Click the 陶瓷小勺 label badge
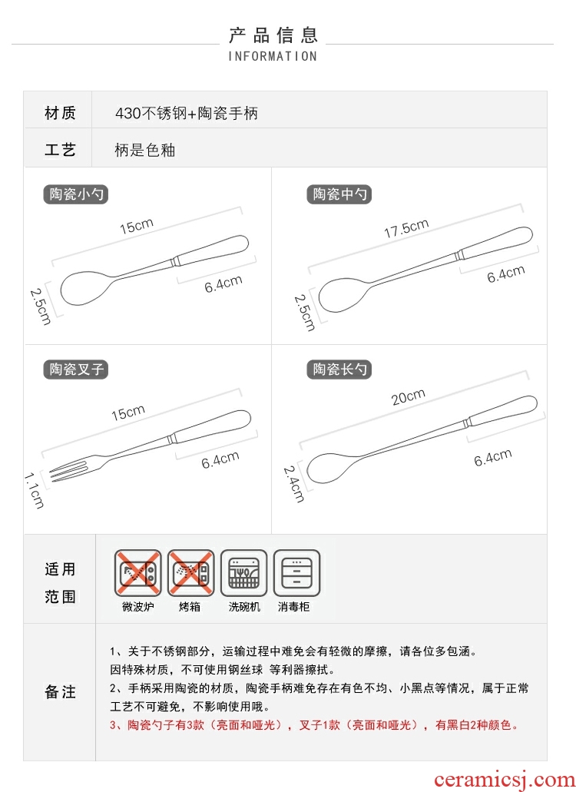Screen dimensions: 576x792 (x=76, y=194)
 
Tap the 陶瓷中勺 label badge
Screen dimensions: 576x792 (x=339, y=194)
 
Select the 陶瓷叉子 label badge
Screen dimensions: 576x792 (x=76, y=369)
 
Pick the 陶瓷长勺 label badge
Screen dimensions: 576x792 (x=339, y=369)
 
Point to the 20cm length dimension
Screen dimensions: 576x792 (x=408, y=397)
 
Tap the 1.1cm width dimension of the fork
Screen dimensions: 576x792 (x=35, y=490)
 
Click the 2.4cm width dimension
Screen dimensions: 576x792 (x=294, y=484)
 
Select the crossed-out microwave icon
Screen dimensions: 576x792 (x=137, y=573)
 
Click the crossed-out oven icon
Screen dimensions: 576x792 (x=190, y=573)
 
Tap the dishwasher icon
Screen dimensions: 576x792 (x=243, y=573)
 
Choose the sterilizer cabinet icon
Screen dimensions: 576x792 (x=297, y=573)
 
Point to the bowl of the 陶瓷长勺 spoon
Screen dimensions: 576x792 (x=333, y=467)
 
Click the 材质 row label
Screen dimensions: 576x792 (x=60, y=113)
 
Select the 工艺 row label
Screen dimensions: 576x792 (x=60, y=150)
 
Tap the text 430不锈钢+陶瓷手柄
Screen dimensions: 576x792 (x=187, y=113)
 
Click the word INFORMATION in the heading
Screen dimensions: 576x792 (x=273, y=56)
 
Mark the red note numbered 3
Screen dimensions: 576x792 (x=314, y=725)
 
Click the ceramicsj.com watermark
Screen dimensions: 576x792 (x=504, y=780)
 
